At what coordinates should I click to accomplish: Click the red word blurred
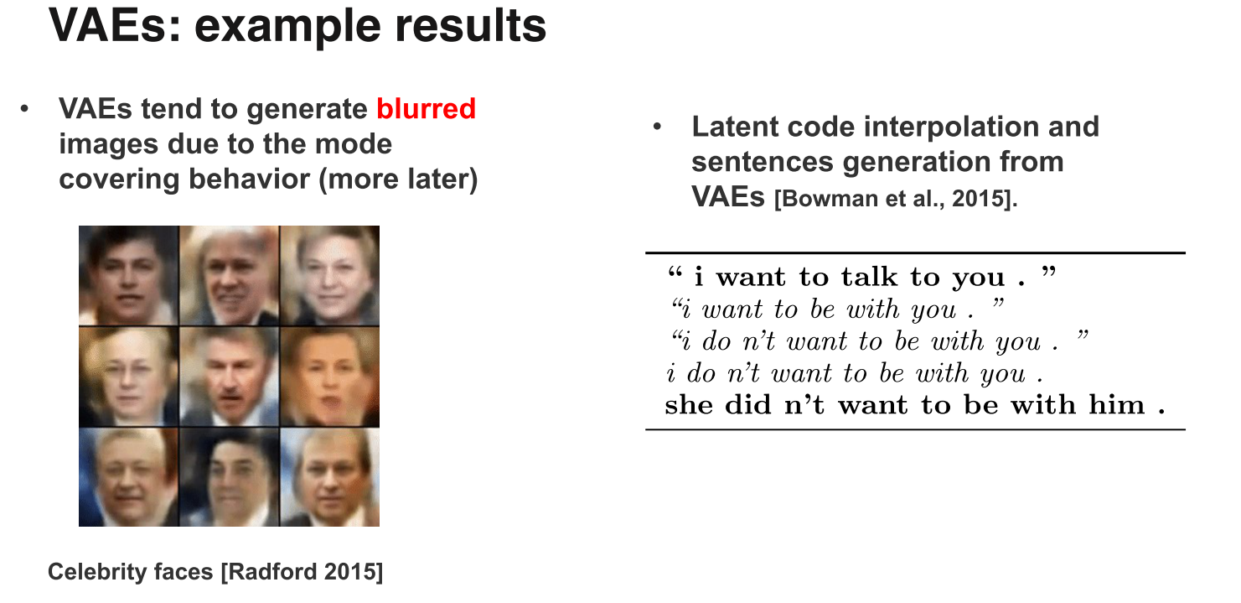click(x=426, y=108)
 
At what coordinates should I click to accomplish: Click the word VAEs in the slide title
click(x=115, y=26)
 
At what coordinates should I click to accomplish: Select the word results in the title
click(x=470, y=26)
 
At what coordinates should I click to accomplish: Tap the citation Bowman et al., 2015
click(x=896, y=199)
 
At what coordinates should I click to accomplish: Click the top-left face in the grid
click(x=128, y=275)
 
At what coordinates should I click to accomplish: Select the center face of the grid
click(x=230, y=377)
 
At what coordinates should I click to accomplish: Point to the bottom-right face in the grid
click(x=330, y=477)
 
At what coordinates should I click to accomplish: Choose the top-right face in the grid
click(x=330, y=275)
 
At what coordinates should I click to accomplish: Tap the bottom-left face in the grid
click(x=128, y=477)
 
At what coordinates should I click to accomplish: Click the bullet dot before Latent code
click(x=657, y=127)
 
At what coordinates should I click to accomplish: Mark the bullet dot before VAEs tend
click(x=23, y=109)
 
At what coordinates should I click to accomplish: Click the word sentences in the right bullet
click(x=763, y=163)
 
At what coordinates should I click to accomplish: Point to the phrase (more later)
click(x=398, y=179)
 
